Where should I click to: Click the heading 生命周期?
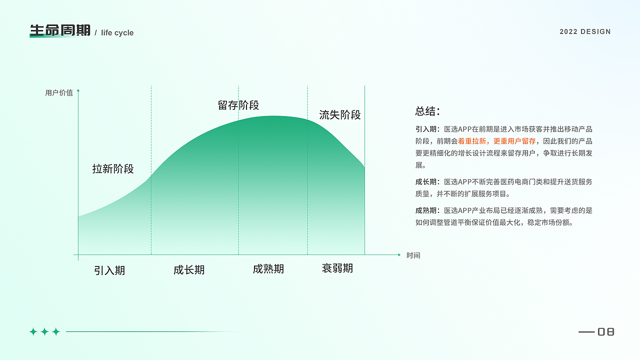tap(60, 30)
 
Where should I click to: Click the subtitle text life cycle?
tap(117, 33)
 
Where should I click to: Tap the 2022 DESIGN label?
tap(585, 31)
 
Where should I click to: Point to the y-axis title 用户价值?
tap(59, 92)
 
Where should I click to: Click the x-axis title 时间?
tap(413, 255)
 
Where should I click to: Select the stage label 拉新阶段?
tap(113, 169)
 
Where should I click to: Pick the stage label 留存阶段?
tap(238, 105)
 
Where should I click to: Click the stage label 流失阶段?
tap(340, 115)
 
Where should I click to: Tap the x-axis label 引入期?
tap(109, 270)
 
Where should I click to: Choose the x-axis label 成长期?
tap(189, 270)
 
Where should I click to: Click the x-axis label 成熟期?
tap(268, 269)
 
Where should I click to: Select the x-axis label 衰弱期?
tap(337, 268)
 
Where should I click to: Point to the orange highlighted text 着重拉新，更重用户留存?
tap(497, 141)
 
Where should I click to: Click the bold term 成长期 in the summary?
tap(425, 182)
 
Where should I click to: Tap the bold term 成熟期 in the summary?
tap(425, 210)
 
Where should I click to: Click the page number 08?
tap(605, 331)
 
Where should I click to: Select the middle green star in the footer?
tap(44, 331)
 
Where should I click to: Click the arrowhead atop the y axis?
tap(78, 90)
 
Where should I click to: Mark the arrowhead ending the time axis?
tap(399, 255)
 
